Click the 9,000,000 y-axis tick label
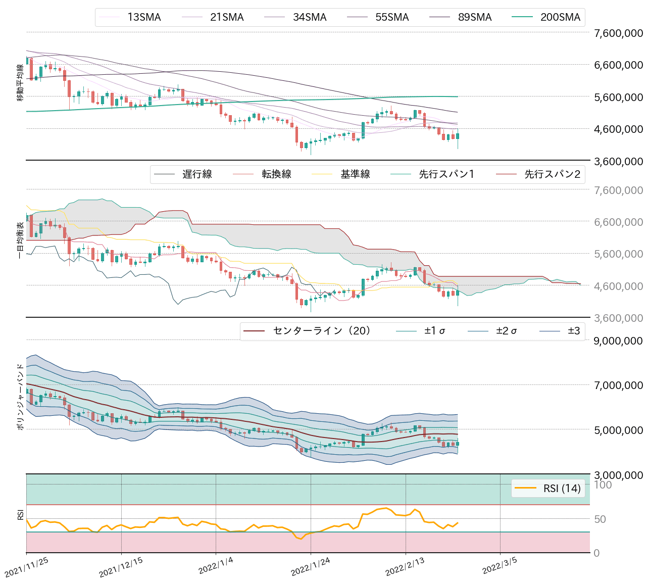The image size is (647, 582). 618,341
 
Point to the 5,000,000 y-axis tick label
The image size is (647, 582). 618,430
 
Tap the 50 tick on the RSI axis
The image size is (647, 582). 600,519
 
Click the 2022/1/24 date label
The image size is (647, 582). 310,567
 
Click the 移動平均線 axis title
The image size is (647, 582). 20,83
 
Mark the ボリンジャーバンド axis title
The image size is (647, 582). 20,397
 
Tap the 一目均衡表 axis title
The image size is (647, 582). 20,240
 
